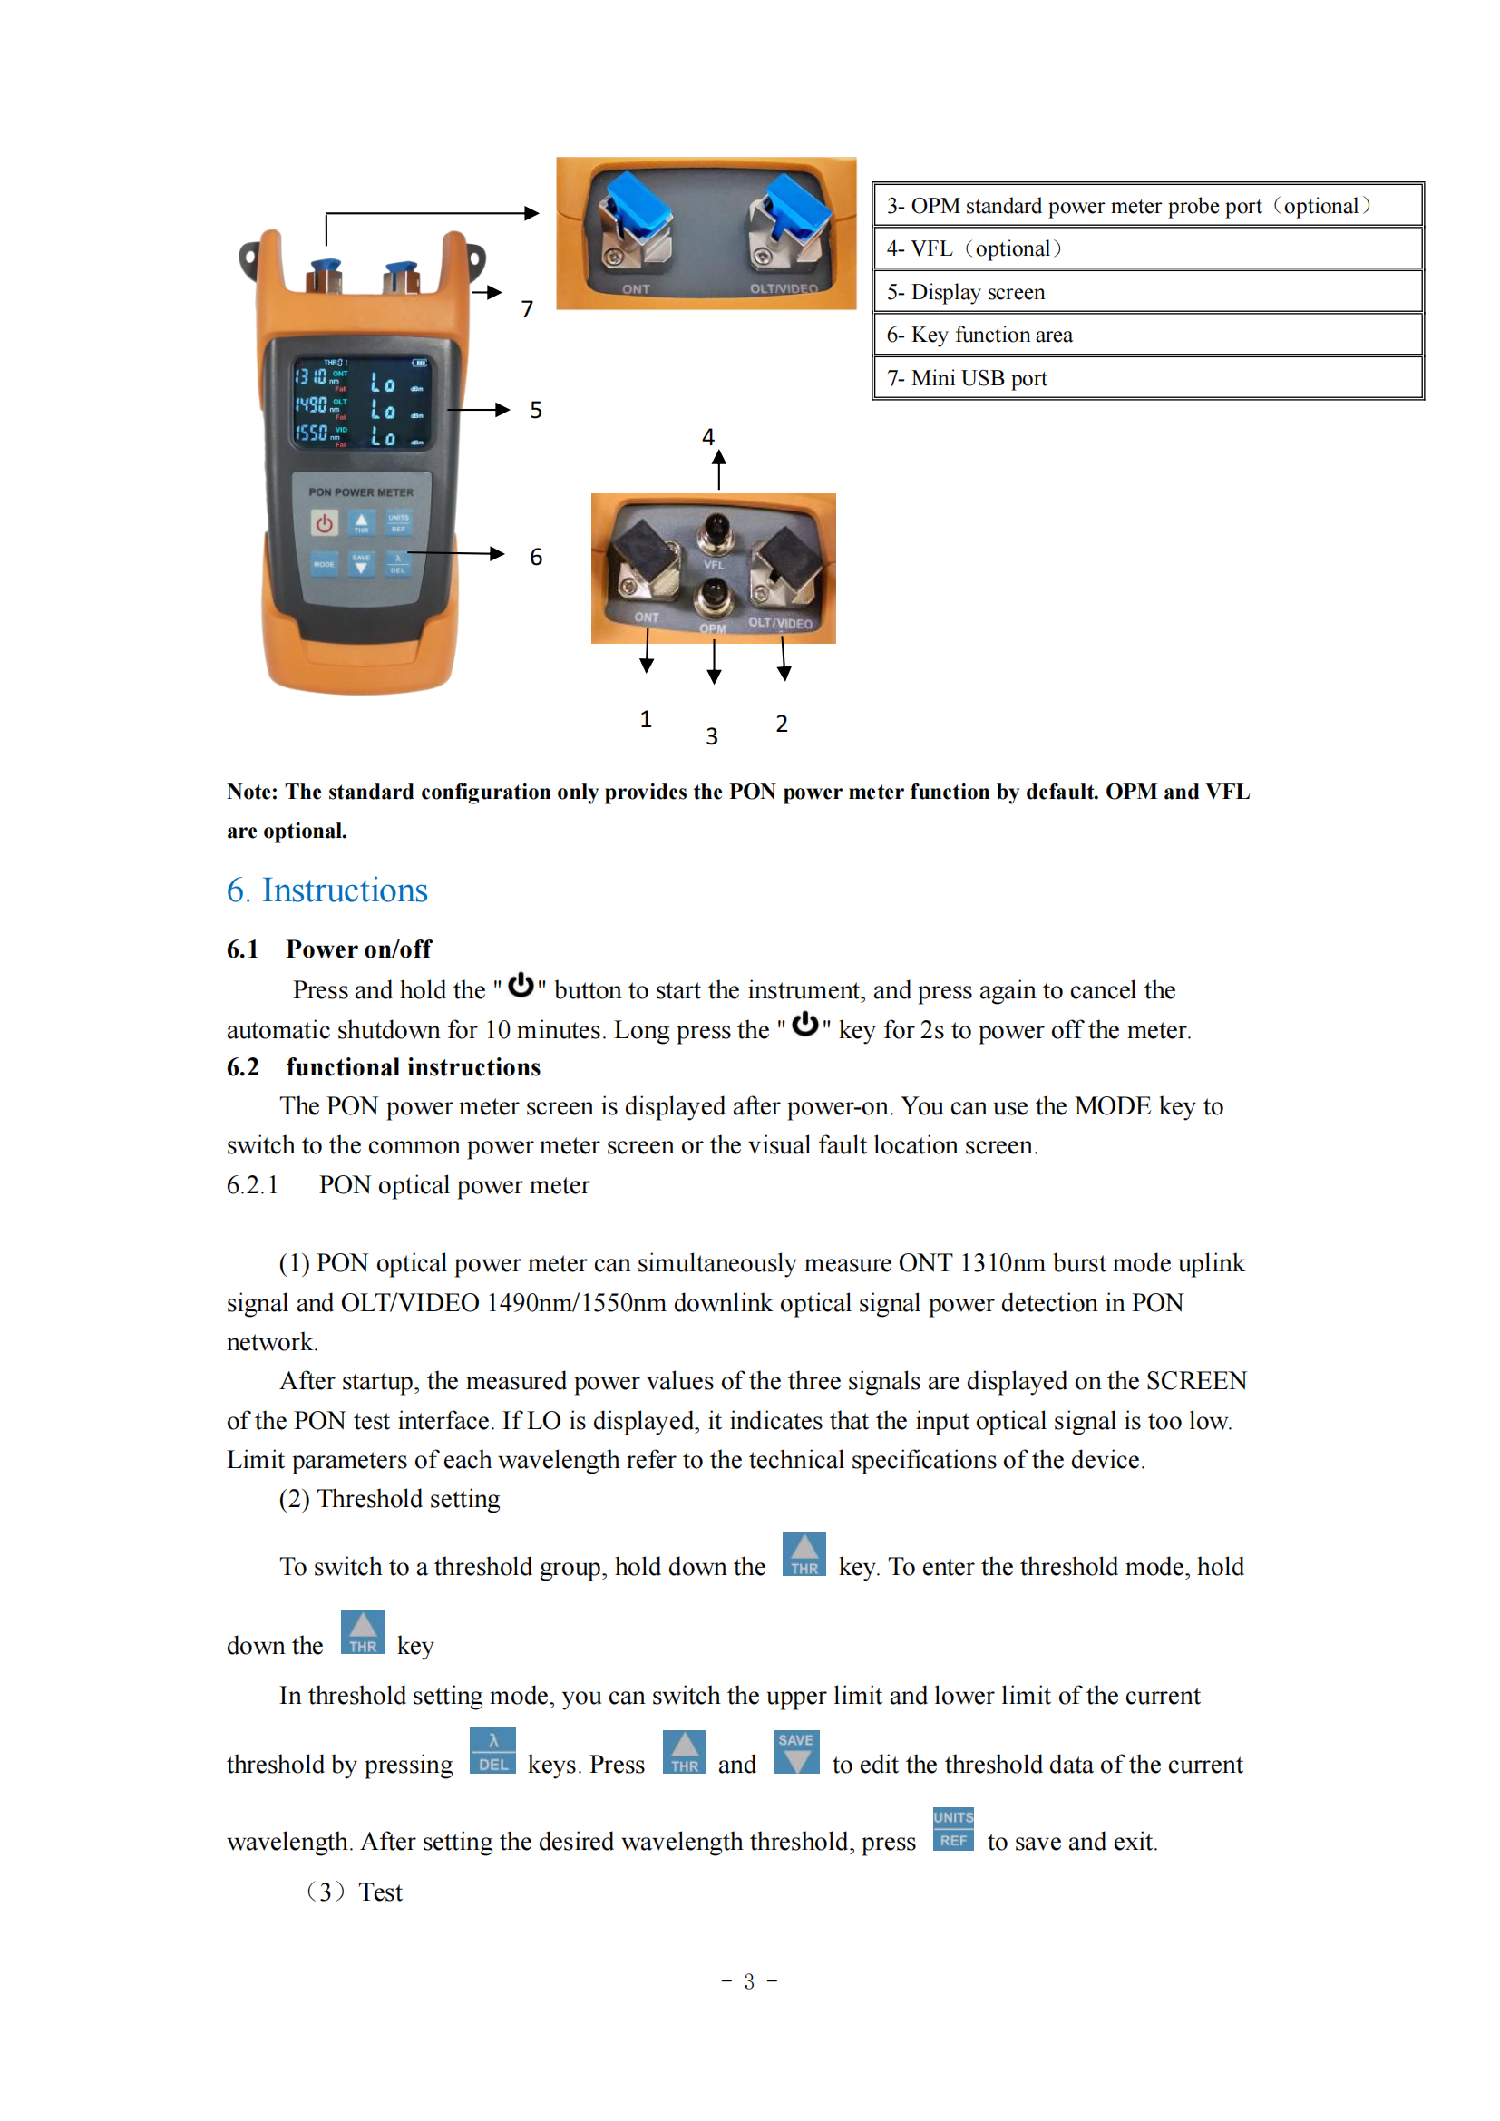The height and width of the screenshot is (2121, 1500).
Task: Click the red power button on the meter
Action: click(324, 524)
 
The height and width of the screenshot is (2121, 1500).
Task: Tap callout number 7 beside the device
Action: click(528, 309)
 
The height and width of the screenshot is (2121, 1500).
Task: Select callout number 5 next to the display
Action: click(536, 410)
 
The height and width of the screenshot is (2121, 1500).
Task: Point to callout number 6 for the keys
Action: click(536, 557)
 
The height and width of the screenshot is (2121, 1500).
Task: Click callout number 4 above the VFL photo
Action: click(708, 437)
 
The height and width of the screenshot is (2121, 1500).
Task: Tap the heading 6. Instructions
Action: click(327, 890)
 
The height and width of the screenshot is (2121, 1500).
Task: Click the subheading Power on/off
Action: click(358, 949)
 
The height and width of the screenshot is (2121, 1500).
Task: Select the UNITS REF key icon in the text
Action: click(953, 1829)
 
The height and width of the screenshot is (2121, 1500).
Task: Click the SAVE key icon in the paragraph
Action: click(796, 1753)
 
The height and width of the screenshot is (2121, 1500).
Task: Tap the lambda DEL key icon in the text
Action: click(493, 1752)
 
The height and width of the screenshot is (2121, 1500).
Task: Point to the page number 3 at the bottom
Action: click(749, 1981)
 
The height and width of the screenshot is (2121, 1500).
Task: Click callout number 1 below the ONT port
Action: click(646, 720)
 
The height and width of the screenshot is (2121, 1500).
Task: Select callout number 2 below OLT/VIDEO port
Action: click(782, 725)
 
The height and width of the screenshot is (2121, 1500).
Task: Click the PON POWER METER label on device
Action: click(361, 492)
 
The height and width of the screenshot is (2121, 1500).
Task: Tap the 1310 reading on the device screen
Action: click(310, 377)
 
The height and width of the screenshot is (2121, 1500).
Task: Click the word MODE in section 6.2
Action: click(1113, 1106)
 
